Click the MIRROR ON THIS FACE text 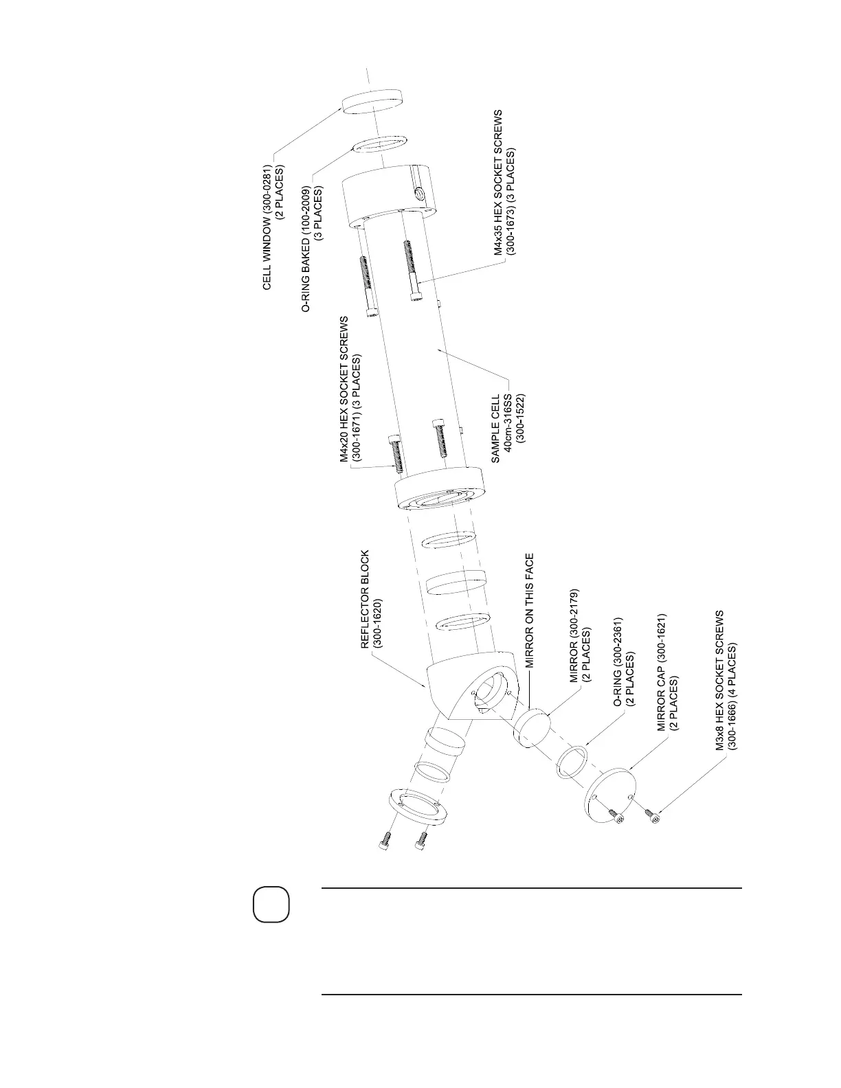[530, 611]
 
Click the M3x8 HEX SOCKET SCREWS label [726, 680]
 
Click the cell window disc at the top [372, 104]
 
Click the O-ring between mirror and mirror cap [572, 762]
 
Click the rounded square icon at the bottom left [271, 905]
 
